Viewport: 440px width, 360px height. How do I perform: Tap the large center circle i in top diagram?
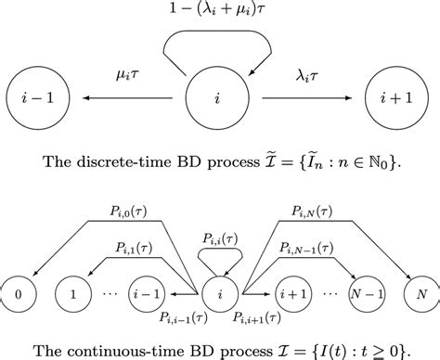point(220,95)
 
